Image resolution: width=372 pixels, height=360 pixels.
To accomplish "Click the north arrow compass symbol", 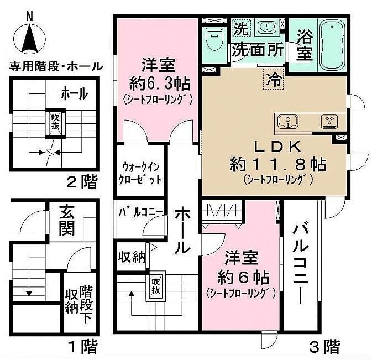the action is pyautogui.click(x=30, y=38).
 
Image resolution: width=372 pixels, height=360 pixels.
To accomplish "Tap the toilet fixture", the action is pyautogui.click(x=214, y=39).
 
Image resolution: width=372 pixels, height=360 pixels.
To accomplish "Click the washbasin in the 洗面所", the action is pyautogui.click(x=268, y=27).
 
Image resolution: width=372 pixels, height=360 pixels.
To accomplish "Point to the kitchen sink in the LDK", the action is pyautogui.click(x=288, y=122).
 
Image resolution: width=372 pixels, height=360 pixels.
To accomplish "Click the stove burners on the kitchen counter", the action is pyautogui.click(x=329, y=122).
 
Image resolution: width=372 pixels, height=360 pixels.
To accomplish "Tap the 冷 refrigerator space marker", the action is pyautogui.click(x=274, y=79).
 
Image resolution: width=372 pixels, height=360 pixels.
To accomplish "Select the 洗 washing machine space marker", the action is pyautogui.click(x=241, y=29).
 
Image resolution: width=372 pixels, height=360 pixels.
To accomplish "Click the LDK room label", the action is pyautogui.click(x=277, y=147).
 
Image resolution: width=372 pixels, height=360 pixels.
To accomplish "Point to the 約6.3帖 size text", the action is pyautogui.click(x=159, y=84).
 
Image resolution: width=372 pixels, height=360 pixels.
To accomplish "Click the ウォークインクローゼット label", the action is pyautogui.click(x=140, y=174).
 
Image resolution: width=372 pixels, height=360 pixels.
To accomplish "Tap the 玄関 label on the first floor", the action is pyautogui.click(x=67, y=221).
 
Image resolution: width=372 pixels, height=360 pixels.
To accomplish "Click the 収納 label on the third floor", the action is pyautogui.click(x=132, y=257).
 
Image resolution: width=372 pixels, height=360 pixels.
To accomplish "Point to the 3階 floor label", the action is pyautogui.click(x=324, y=347).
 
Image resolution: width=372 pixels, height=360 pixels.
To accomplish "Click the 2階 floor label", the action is pyautogui.click(x=82, y=182).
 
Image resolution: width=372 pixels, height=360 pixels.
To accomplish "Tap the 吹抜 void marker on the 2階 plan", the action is pyautogui.click(x=55, y=123).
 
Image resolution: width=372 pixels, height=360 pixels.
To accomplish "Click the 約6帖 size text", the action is pyautogui.click(x=243, y=278).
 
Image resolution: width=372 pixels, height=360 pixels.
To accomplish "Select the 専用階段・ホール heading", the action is pyautogui.click(x=56, y=66).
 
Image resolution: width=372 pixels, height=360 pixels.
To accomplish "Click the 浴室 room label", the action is pyautogui.click(x=305, y=45).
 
